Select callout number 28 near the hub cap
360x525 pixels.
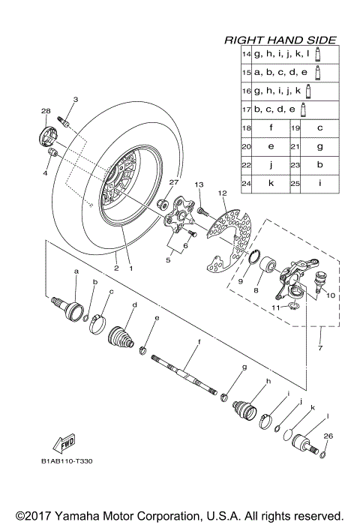[x=45, y=111]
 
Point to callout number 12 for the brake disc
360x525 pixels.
[x=222, y=193]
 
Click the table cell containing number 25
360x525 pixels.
[x=295, y=181]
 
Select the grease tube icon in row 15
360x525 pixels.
[x=319, y=72]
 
